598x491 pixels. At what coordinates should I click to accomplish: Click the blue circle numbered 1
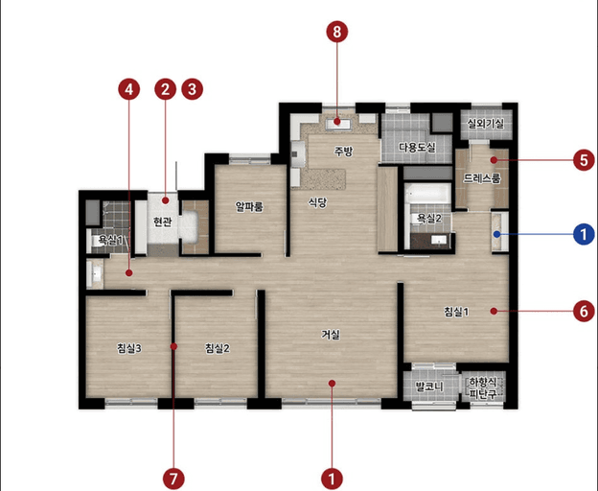pos(584,234)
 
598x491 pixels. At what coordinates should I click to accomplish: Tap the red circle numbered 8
pos(337,32)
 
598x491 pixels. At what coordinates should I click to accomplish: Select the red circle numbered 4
pos(129,89)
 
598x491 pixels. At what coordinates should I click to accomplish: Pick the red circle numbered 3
pos(192,89)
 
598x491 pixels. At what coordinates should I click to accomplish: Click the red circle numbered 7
pos(173,479)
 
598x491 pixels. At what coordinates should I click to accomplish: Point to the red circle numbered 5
pos(584,160)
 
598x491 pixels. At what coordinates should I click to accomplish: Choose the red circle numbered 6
pos(584,312)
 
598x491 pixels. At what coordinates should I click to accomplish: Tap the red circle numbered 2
pos(165,89)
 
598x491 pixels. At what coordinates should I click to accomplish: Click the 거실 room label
pos(331,335)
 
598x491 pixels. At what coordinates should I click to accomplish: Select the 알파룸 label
pos(249,207)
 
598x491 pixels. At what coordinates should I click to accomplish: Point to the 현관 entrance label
pos(163,222)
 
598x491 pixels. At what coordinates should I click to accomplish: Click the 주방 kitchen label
pos(344,152)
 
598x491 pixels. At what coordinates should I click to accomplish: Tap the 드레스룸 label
pos(482,178)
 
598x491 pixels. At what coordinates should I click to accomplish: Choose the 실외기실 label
pos(486,124)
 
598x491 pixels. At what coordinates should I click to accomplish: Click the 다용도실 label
pos(417,148)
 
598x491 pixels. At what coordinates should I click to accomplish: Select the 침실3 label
pos(129,348)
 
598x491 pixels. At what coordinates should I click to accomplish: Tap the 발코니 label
pos(429,386)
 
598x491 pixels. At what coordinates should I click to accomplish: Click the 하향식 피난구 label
pos(483,388)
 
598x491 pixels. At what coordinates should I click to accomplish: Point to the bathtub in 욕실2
pos(427,194)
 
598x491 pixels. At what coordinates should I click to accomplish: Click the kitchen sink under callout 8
pos(337,123)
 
